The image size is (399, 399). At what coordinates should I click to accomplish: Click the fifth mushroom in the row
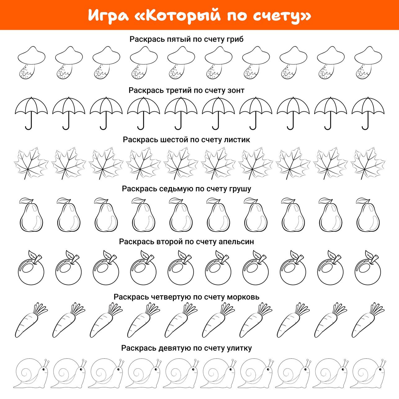coord(181,63)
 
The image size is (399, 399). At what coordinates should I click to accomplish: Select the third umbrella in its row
coord(106,113)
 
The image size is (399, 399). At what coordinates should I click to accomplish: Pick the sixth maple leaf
coord(218,164)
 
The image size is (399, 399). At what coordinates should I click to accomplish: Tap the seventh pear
coord(256,215)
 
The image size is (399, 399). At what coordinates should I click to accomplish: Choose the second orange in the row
coord(69,267)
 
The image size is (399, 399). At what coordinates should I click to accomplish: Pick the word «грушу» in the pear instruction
coord(240,189)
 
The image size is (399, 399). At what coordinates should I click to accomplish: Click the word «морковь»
coord(243,297)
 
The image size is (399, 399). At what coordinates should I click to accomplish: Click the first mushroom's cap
coord(31,55)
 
